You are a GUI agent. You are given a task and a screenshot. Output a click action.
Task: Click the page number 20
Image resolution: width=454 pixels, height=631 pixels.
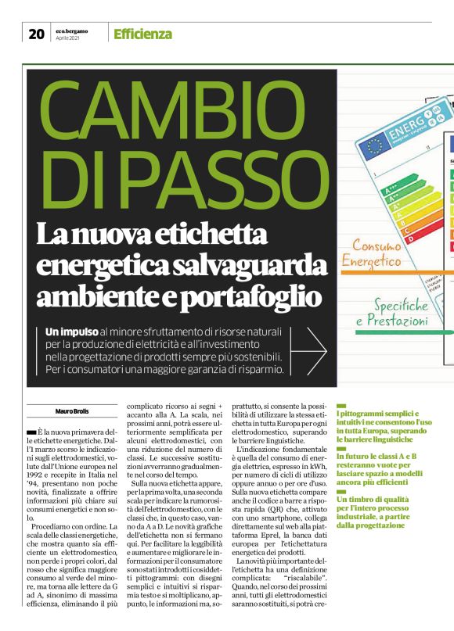[36, 34]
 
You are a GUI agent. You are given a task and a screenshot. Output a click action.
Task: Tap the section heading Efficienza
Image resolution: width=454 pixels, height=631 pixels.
[142, 34]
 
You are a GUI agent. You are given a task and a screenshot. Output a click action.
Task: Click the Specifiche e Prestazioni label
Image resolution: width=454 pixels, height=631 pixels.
[391, 312]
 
